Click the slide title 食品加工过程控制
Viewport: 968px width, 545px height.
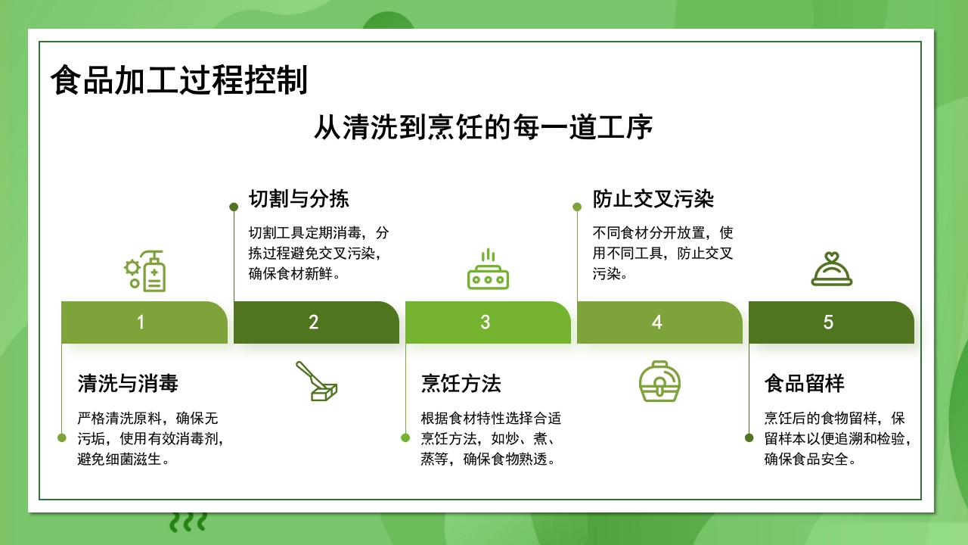[179, 80]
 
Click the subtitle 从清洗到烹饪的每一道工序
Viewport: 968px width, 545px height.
[483, 128]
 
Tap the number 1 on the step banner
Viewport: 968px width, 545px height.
[141, 322]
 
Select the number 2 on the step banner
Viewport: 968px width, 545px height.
[314, 322]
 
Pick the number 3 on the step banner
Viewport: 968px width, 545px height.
[486, 322]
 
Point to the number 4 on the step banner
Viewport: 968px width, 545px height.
[657, 322]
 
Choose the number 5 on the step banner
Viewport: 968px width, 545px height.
[828, 322]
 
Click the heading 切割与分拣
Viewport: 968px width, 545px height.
[299, 199]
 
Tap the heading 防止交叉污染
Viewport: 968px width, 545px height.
[653, 199]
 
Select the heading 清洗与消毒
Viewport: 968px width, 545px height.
[128, 384]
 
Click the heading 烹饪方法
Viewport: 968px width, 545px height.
[461, 384]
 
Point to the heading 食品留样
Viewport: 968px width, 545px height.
[804, 384]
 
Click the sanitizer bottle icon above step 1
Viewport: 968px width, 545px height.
[145, 270]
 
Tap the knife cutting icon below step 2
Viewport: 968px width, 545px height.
[316, 381]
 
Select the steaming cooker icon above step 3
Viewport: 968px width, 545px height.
[488, 270]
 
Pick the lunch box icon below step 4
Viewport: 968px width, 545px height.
[659, 381]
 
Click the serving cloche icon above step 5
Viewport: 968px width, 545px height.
[831, 269]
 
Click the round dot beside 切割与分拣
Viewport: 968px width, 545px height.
[234, 206]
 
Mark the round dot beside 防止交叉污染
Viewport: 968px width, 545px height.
[577, 206]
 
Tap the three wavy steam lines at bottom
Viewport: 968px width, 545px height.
[188, 522]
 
